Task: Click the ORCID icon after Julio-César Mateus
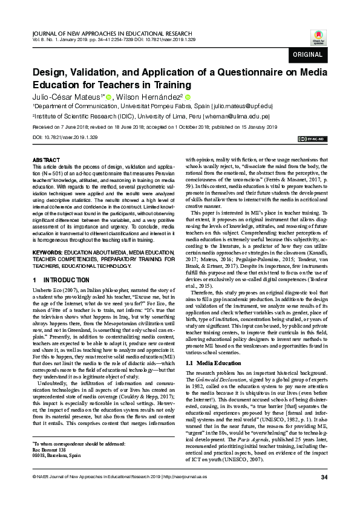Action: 109,97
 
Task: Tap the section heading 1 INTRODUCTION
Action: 59,280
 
